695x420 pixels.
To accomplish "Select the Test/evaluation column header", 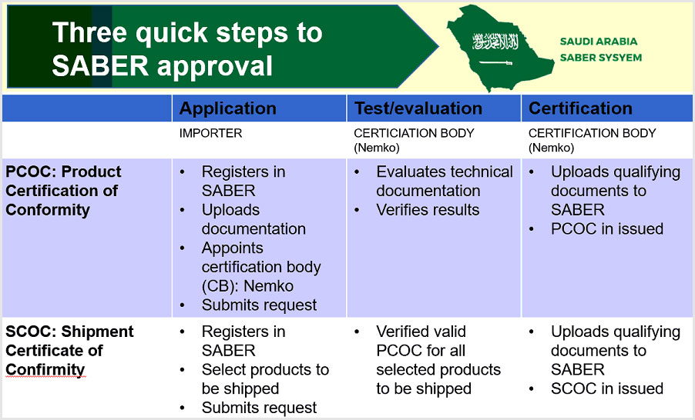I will coord(418,108).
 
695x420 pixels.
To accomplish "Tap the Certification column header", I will coord(580,108).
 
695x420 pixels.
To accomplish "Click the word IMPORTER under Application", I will coord(211,133).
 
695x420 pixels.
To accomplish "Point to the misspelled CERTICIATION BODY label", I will coord(414,133).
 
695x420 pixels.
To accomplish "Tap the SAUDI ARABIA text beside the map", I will coord(599,42).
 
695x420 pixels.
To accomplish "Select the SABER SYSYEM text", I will coord(601,58).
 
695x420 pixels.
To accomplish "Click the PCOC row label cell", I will coord(63,190).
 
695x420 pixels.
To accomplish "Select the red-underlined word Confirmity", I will coord(45,370).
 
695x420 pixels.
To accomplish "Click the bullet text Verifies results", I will coord(428,210).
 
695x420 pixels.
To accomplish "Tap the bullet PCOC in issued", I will coord(607,228).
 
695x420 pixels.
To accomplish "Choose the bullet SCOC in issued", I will coord(607,388).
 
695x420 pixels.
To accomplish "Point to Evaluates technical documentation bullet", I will coord(444,181).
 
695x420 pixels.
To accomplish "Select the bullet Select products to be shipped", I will coord(264,379).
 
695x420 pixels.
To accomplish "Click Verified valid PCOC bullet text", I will coord(438,360).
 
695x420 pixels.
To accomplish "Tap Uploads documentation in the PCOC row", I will coord(253,219).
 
